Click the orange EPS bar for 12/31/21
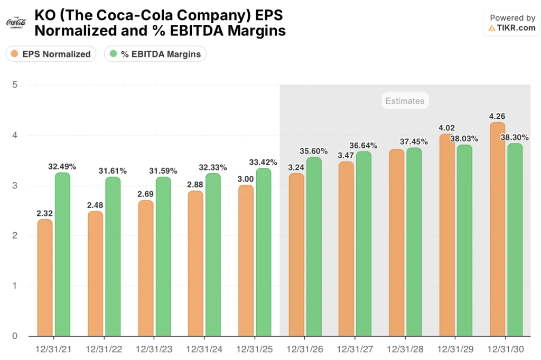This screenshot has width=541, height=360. click(x=45, y=277)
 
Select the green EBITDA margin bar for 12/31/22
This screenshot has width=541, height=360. click(x=113, y=256)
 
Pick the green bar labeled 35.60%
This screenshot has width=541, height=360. click(x=313, y=246)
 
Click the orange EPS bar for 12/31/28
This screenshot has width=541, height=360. click(x=397, y=242)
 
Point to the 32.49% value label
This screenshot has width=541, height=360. click(x=62, y=166)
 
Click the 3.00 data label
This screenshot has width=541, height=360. click(x=246, y=179)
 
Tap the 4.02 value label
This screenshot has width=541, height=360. click(x=446, y=127)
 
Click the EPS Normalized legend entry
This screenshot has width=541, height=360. click(x=51, y=54)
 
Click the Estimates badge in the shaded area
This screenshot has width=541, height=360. click(x=404, y=101)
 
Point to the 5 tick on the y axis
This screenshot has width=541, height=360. click(x=15, y=85)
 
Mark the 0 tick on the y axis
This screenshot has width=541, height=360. click(x=15, y=336)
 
